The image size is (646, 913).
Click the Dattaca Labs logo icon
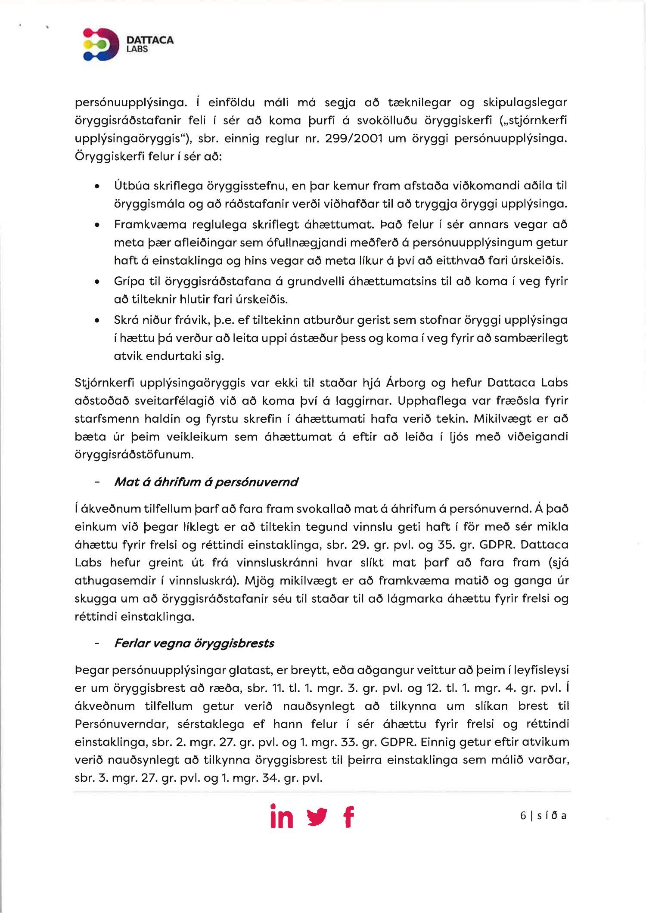(101, 44)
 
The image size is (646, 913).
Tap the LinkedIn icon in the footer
(282, 816)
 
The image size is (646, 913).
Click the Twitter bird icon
(317, 817)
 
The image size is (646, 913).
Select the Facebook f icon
(349, 817)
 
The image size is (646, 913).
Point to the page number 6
(523, 815)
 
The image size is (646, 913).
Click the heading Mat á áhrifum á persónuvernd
(206, 482)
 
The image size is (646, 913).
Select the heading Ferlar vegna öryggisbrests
(194, 643)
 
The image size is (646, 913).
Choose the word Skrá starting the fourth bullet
(125, 320)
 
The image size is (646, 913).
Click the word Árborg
(412, 382)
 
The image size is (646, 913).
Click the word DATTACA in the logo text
(150, 40)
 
